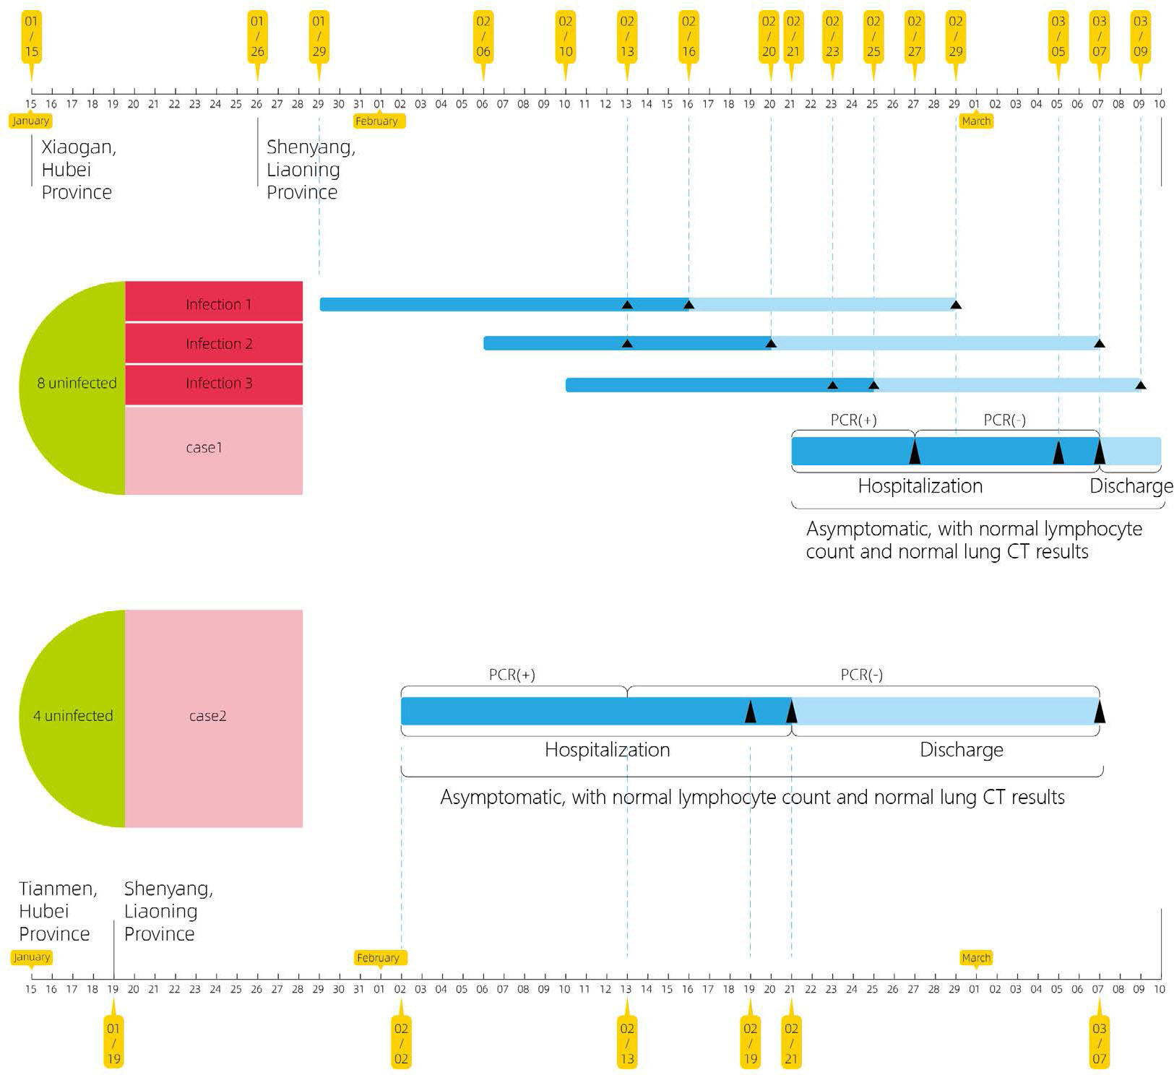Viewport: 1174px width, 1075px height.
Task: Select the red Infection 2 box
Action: [x=214, y=344]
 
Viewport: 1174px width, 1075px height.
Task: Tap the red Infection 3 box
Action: [x=214, y=384]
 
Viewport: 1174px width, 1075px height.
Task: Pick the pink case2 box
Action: [x=214, y=717]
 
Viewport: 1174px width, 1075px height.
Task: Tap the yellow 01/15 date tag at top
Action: [x=31, y=38]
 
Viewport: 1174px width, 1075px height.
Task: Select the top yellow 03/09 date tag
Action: [x=1140, y=38]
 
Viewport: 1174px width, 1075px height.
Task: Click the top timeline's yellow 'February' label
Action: [x=379, y=121]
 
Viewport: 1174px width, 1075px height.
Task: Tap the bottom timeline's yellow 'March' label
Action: [x=975, y=957]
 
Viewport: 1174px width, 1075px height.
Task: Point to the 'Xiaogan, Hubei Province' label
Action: [x=77, y=170]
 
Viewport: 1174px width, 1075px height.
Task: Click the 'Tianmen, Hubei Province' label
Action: [x=57, y=910]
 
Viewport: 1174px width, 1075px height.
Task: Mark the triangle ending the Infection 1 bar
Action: [x=955, y=305]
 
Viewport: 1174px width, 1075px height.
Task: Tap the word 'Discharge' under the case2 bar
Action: [x=961, y=750]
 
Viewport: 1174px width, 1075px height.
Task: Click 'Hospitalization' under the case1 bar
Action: [x=920, y=486]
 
